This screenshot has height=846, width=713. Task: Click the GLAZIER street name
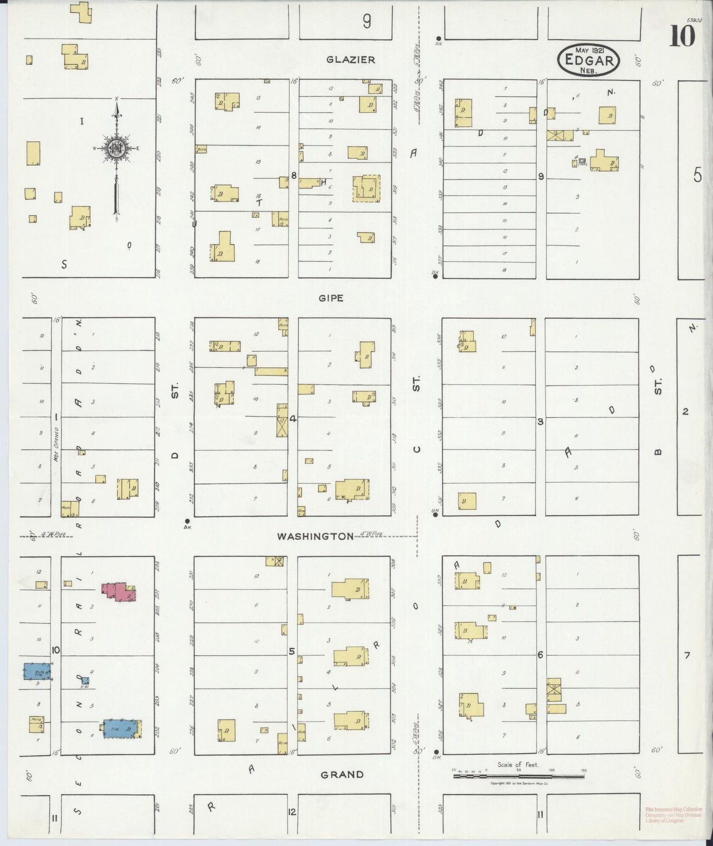coord(350,60)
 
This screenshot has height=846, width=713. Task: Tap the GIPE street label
coord(331,298)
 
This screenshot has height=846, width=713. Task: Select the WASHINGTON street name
coord(315,536)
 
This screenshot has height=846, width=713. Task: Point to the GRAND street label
coord(342,774)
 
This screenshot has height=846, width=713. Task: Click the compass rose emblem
coord(116,148)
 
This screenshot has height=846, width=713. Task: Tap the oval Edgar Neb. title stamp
coord(589,60)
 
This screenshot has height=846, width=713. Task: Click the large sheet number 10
coord(682,36)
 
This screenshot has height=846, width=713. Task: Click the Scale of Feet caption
coord(518,765)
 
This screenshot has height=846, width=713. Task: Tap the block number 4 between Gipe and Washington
coord(293,419)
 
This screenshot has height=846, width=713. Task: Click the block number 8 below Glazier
coord(293,175)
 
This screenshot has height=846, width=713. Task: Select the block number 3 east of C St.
coord(540,422)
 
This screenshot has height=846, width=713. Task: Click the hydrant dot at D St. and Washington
coord(187,521)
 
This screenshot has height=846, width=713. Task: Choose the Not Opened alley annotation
coord(57,444)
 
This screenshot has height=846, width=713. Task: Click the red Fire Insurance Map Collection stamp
coord(673,815)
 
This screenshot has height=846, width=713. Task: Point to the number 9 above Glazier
coord(367,21)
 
